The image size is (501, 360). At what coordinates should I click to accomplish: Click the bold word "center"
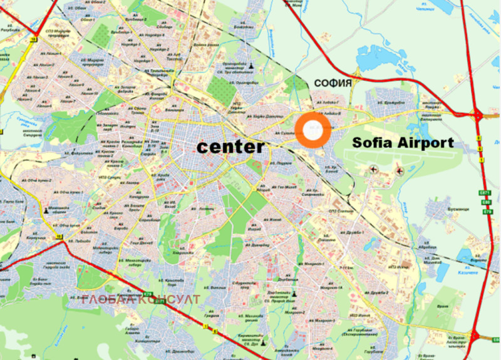(231, 147)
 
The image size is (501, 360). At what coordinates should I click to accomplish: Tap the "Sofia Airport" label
(403, 142)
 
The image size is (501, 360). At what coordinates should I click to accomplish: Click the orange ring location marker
(312, 130)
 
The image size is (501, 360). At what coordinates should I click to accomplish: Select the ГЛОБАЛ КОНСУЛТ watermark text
(141, 299)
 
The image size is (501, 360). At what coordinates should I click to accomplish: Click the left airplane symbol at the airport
(374, 169)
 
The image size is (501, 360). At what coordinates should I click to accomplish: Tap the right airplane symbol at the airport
(399, 170)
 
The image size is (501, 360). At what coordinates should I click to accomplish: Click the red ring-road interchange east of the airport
(478, 115)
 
